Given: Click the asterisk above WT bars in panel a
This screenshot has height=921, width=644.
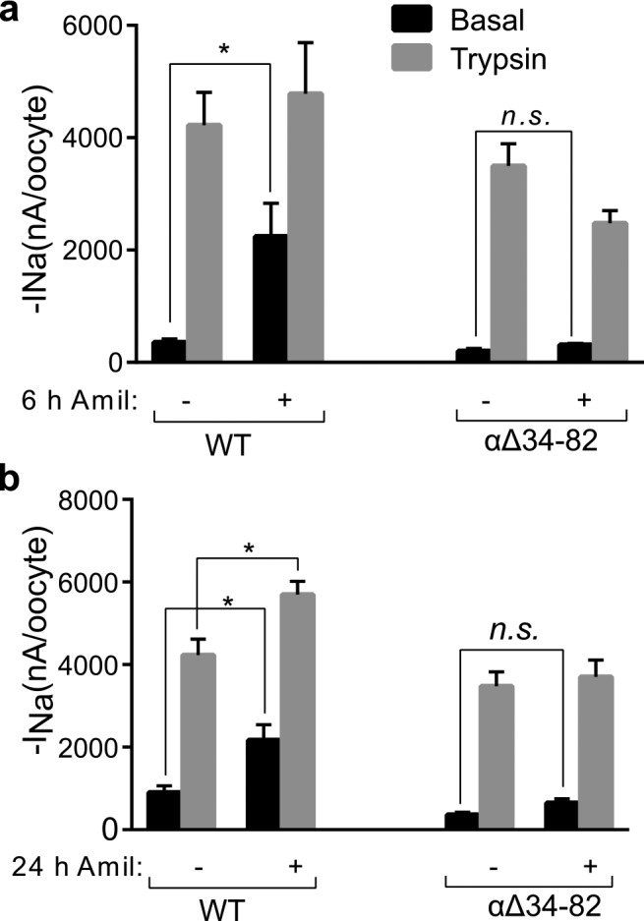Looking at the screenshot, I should coord(223,49).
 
